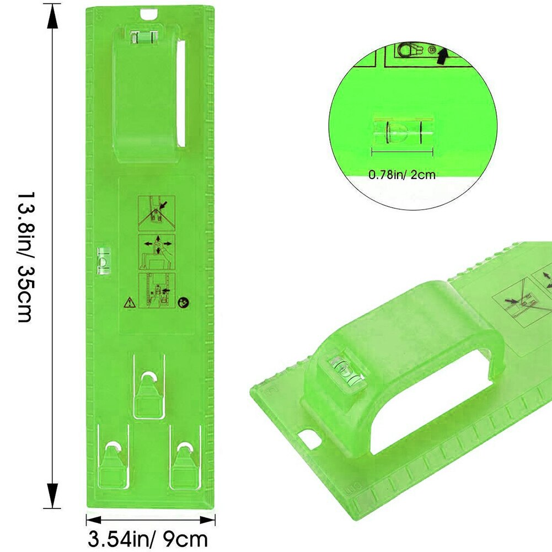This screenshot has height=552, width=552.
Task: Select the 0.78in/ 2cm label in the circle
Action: pyautogui.click(x=401, y=175)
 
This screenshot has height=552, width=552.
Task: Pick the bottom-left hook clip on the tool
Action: pyautogui.click(x=114, y=460)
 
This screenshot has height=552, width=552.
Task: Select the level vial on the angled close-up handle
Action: pyautogui.click(x=343, y=369)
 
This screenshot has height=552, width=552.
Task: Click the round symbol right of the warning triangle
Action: pyautogui.click(x=183, y=302)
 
